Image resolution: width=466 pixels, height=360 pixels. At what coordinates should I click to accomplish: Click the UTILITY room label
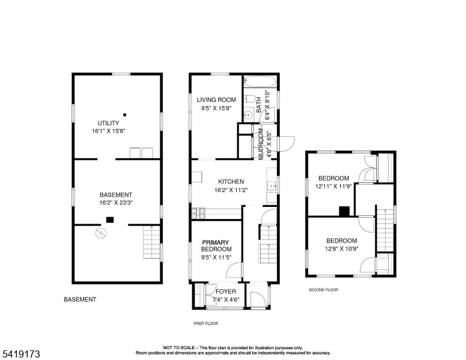(108, 123)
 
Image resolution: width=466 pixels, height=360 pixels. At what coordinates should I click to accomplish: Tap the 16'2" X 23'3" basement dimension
(116, 203)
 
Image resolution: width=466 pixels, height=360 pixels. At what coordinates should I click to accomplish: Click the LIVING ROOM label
(216, 100)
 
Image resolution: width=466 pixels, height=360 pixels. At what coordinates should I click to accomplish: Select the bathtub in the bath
(260, 81)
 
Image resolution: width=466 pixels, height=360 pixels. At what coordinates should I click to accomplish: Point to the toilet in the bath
(249, 98)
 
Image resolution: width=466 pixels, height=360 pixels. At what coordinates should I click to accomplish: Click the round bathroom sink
(248, 115)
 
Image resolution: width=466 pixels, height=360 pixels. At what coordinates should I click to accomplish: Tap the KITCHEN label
(231, 181)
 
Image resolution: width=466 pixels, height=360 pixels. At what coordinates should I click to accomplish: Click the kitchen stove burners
(199, 213)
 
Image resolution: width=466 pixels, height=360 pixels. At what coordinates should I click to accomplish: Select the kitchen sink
(272, 186)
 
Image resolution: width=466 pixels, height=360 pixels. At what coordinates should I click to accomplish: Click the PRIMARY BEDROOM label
(216, 245)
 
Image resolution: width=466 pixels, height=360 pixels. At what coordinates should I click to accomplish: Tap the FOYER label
(226, 292)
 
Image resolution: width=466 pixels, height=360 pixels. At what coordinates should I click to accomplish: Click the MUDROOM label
(261, 144)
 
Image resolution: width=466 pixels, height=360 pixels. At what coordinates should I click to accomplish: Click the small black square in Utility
(125, 115)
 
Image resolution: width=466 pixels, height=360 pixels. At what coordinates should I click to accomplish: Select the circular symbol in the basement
(101, 233)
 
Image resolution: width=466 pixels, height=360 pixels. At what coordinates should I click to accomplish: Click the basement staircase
(151, 242)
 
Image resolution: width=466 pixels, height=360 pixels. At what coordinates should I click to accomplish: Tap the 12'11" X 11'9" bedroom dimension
(333, 187)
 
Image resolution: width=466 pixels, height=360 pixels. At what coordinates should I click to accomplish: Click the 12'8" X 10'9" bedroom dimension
(342, 248)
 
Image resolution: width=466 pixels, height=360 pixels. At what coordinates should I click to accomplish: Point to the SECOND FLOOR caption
(323, 290)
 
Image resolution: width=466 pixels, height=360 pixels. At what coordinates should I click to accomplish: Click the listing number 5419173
(21, 354)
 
